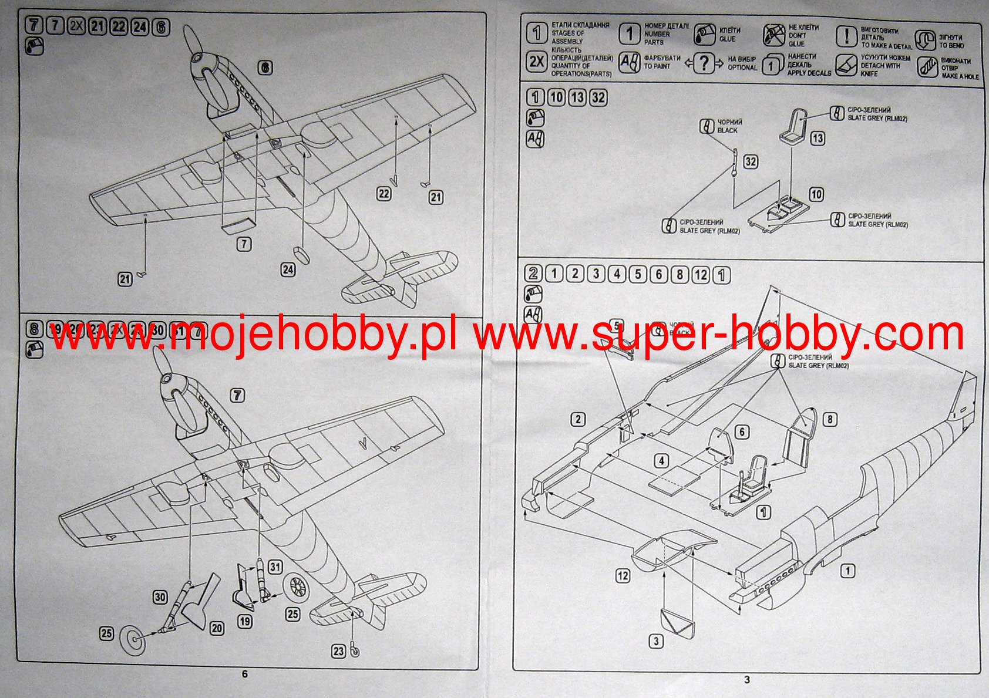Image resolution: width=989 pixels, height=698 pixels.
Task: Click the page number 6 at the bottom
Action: click(245, 674)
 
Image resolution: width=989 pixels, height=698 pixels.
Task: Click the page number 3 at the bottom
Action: click(747, 680)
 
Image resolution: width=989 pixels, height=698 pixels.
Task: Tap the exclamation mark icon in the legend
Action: click(846, 36)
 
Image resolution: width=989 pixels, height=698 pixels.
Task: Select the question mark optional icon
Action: click(704, 63)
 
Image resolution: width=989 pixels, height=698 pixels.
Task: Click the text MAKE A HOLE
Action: click(960, 76)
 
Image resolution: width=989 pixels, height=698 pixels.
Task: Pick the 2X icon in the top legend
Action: click(536, 62)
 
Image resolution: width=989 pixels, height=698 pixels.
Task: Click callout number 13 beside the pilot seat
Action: click(818, 138)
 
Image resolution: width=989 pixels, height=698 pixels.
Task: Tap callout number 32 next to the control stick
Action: click(751, 161)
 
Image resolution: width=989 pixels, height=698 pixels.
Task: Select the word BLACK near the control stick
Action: click(727, 130)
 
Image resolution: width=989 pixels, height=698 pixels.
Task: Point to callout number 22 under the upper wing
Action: click(384, 193)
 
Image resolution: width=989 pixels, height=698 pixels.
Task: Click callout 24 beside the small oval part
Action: click(288, 269)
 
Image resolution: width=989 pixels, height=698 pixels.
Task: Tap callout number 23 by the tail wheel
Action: click(338, 650)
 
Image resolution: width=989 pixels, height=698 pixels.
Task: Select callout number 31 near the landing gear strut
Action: click(275, 567)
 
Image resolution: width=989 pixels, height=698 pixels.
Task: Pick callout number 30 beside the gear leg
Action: click(160, 597)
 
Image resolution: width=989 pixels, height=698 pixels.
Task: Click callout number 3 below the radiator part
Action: click(656, 641)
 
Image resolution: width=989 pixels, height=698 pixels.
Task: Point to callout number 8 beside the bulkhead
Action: click(829, 419)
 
